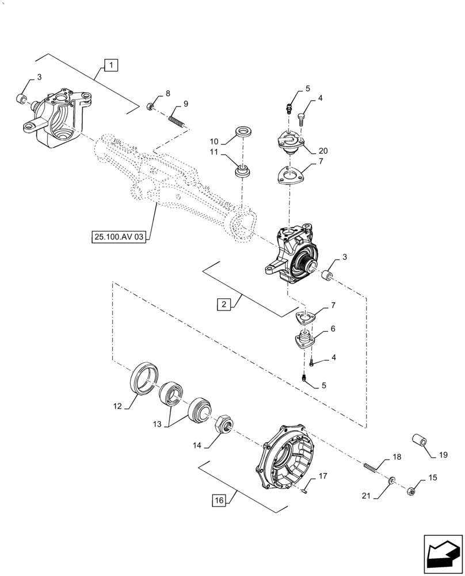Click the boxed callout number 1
pos(111,65)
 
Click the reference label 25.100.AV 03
pos(117,237)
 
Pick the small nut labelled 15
pos(411,491)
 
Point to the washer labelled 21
pos(391,480)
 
